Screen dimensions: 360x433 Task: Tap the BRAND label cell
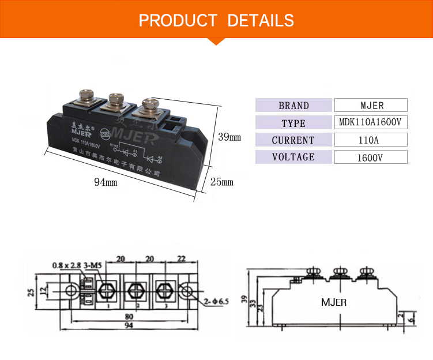point(293,106)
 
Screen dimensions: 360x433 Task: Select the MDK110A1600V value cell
point(371,122)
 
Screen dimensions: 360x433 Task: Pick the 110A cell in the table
point(371,140)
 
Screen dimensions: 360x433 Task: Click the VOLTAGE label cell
point(293,157)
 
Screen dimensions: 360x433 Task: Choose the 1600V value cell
point(371,157)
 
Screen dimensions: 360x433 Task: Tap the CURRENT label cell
point(293,140)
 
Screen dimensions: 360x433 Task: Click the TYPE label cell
point(293,123)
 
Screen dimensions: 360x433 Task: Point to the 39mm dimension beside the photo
point(229,137)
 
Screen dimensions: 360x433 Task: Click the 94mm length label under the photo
point(106,182)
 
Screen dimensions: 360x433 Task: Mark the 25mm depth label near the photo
point(221,182)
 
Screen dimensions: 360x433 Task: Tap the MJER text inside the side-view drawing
point(334,302)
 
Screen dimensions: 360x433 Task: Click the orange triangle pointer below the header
point(216,40)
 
